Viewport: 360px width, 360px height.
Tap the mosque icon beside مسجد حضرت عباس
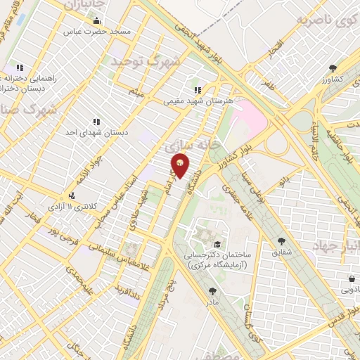click(x=96, y=20)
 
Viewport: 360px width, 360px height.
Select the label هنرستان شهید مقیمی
click(x=188, y=101)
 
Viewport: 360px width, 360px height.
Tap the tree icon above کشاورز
click(x=332, y=68)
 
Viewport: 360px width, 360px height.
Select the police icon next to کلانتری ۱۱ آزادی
click(x=71, y=195)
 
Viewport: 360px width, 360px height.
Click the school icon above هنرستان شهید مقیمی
click(x=198, y=90)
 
